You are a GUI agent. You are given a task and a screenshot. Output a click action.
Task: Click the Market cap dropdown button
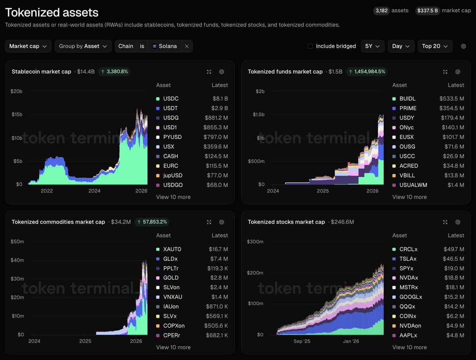tap(28, 46)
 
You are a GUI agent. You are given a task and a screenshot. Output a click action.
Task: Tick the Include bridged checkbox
tap(310, 46)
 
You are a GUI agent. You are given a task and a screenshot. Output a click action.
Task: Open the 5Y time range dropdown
tap(372, 46)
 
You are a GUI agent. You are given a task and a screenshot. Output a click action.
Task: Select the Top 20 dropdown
tap(435, 46)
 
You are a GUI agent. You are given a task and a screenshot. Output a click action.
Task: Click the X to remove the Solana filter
tap(186, 46)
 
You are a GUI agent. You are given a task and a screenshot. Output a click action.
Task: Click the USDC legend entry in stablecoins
tap(171, 98)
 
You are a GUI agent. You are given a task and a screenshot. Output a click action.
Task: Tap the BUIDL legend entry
tap(407, 98)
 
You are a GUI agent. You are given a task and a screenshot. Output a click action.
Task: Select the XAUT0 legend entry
tap(172, 249)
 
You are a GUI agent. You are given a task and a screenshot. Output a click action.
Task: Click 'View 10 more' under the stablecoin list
tap(173, 197)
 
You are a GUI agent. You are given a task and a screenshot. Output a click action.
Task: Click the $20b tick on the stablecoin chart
tap(17, 91)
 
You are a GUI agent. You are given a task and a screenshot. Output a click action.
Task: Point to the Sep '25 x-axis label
tap(301, 341)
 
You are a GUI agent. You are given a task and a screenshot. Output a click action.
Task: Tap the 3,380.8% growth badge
tap(114, 71)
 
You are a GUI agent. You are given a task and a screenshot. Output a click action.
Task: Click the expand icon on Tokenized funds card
tap(445, 72)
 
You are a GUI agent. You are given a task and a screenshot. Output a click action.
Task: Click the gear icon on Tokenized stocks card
tap(458, 222)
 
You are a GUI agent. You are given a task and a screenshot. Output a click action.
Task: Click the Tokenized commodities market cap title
tap(58, 222)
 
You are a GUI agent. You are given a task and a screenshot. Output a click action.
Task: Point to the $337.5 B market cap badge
tap(427, 11)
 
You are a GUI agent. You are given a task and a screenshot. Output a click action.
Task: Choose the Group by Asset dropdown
tap(83, 46)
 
